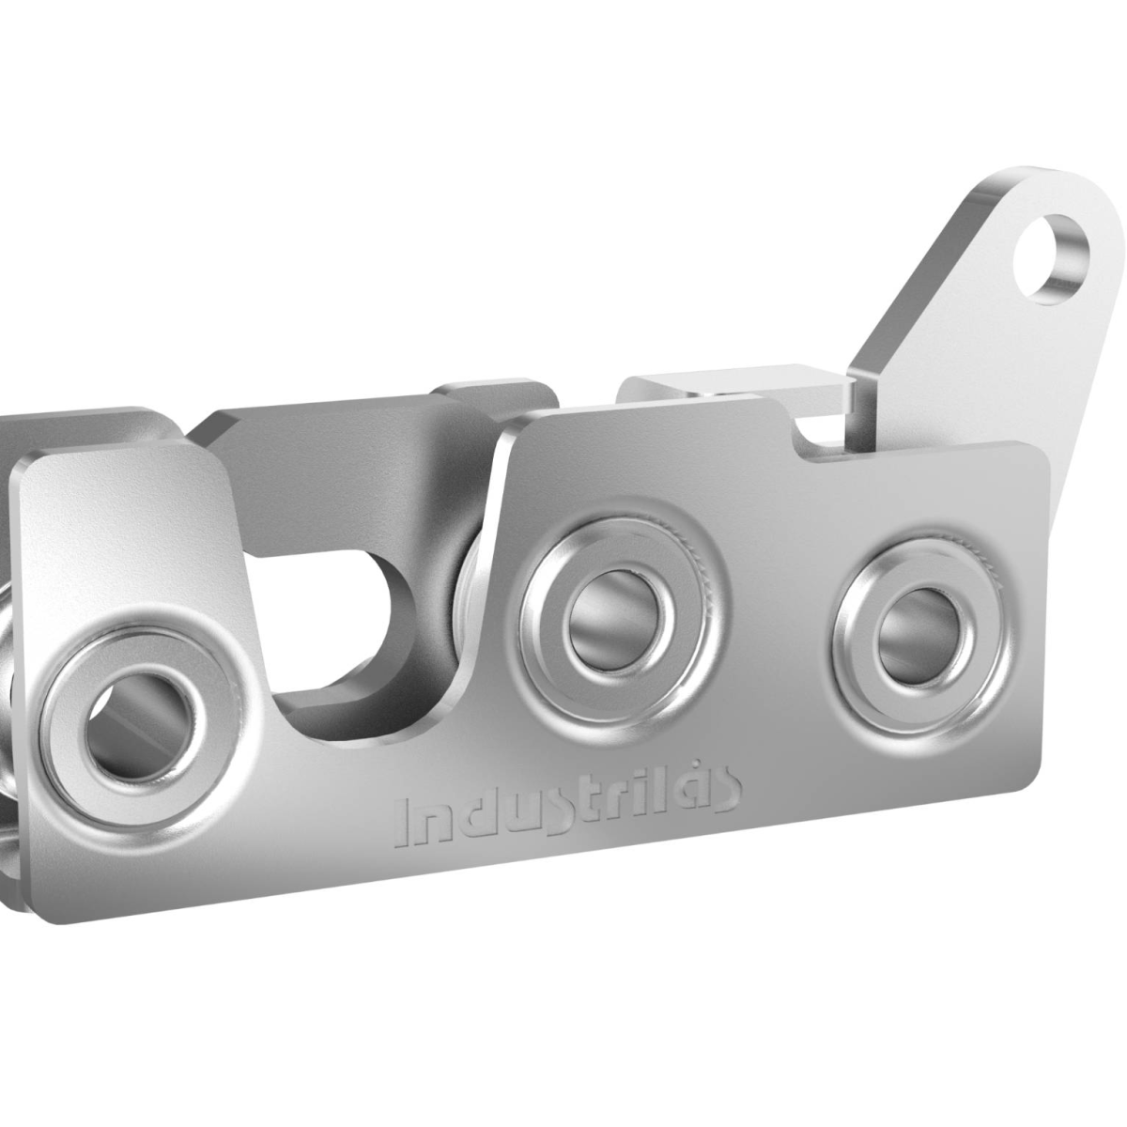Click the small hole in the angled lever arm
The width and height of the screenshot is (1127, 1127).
[1054, 255]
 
